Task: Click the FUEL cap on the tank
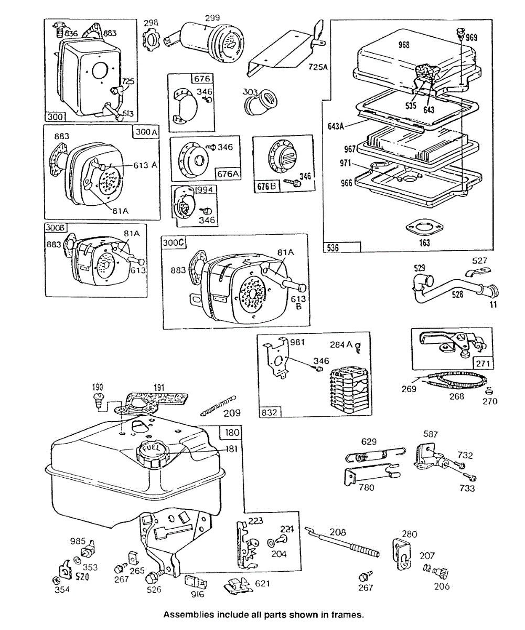click(153, 452)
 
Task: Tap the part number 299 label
click(212, 18)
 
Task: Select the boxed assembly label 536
click(333, 247)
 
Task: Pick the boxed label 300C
click(173, 243)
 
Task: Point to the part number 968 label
click(404, 45)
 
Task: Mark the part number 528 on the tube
click(457, 295)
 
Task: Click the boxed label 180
click(231, 433)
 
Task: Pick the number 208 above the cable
click(338, 532)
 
